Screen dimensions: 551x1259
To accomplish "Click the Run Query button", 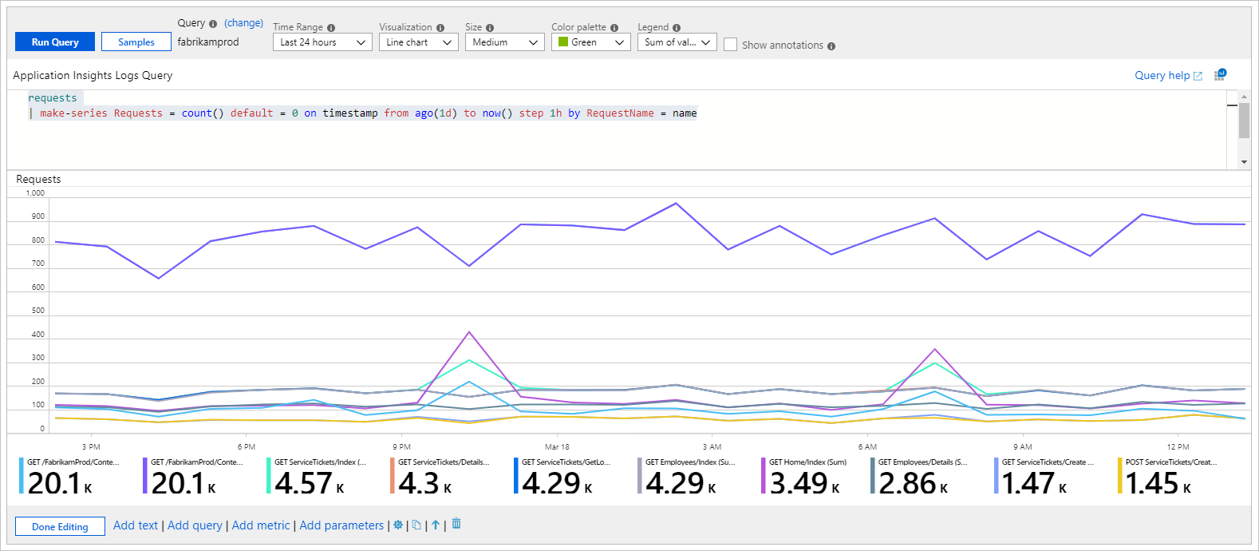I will click(x=55, y=42).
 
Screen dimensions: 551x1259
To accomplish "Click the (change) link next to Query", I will click(x=243, y=23).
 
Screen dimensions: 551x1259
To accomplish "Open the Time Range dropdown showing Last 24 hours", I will click(x=322, y=42).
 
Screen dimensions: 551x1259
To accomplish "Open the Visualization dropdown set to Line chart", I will click(x=418, y=42).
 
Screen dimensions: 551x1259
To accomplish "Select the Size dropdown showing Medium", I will click(x=504, y=42).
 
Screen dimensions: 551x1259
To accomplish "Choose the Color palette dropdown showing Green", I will click(x=590, y=42).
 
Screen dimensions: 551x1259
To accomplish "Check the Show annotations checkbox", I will click(x=730, y=45).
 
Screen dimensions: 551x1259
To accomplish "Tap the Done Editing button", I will click(x=60, y=526).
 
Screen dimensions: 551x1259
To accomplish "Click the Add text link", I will click(x=136, y=525).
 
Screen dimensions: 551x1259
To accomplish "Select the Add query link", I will click(x=195, y=525).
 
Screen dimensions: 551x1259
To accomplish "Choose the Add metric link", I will click(x=261, y=525).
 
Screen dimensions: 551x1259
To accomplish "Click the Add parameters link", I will click(x=341, y=525).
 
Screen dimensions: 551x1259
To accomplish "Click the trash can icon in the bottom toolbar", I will click(x=456, y=524).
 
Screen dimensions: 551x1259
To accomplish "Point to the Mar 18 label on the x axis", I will click(x=557, y=446).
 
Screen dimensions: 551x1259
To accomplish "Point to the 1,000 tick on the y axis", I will click(x=35, y=193).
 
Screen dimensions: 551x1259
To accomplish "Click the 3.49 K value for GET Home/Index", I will click(x=804, y=483).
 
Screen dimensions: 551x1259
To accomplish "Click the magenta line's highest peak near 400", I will click(x=469, y=332).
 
